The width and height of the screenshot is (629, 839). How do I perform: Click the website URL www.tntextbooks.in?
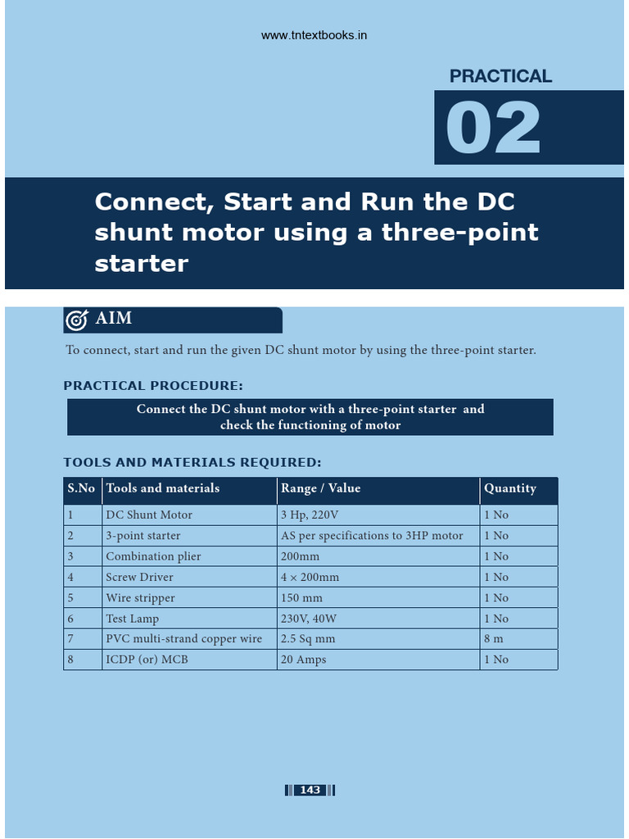coord(314,36)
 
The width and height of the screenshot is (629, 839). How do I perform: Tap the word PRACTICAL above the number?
coord(500,76)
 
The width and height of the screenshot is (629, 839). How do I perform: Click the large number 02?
coord(492,129)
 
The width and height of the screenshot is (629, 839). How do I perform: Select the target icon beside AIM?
coord(76,320)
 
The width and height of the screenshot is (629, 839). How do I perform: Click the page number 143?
coord(310,790)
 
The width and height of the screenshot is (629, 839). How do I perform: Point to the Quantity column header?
coord(510,488)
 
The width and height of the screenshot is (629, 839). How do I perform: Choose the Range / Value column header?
coord(321,488)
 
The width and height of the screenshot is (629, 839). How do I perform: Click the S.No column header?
coord(81,488)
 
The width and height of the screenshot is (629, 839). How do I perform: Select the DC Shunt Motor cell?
coord(149,515)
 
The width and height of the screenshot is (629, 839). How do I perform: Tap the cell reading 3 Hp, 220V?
coord(310,515)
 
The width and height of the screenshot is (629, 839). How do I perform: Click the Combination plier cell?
coord(153,556)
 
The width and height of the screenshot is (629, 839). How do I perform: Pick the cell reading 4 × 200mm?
coord(310,578)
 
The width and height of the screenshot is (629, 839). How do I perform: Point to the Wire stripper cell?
coord(140,598)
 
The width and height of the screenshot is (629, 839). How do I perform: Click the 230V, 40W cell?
coord(309,619)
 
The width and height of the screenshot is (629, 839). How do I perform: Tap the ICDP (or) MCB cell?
coord(147,660)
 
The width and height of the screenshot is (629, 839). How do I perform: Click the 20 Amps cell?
coord(303,660)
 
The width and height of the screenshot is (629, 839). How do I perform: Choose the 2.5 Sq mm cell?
coord(308,639)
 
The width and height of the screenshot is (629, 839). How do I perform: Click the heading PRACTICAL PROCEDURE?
coord(153,386)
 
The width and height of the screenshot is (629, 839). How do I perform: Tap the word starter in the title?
coord(141,264)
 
